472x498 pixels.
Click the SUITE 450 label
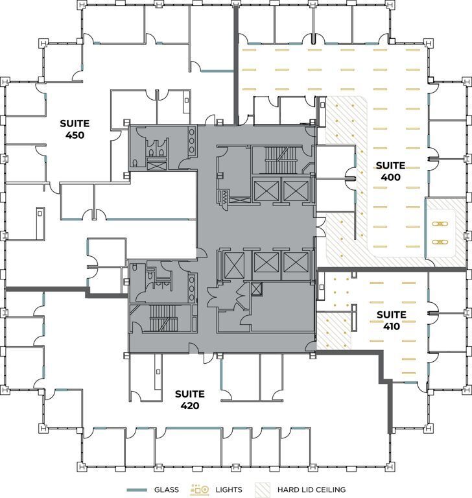pos(75,129)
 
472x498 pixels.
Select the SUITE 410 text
pos(391,320)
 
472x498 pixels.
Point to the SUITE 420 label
pos(189,399)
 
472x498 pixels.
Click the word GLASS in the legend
pos(166,490)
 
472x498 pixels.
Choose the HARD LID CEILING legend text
pos(311,490)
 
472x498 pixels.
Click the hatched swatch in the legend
pos(265,490)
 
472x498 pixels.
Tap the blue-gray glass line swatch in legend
pos(137,490)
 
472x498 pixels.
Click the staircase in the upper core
pos(279,156)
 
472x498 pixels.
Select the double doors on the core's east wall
pos(318,227)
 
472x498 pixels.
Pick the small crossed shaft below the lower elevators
pos(257,289)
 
